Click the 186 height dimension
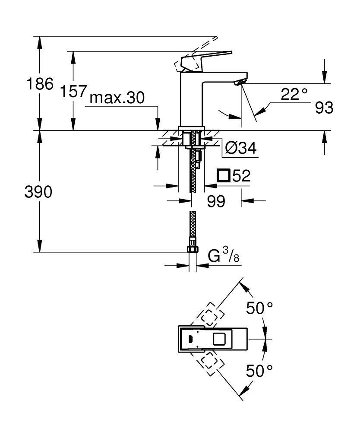(x=40, y=84)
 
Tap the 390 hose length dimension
(x=39, y=192)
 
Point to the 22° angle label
(x=294, y=94)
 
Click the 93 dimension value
(x=324, y=108)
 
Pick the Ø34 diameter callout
(x=241, y=148)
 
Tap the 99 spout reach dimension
(x=216, y=201)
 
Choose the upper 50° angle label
(x=259, y=308)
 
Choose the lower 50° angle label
(x=259, y=371)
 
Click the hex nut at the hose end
(x=192, y=249)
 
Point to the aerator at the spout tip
(x=240, y=82)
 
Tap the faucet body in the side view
(x=191, y=99)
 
